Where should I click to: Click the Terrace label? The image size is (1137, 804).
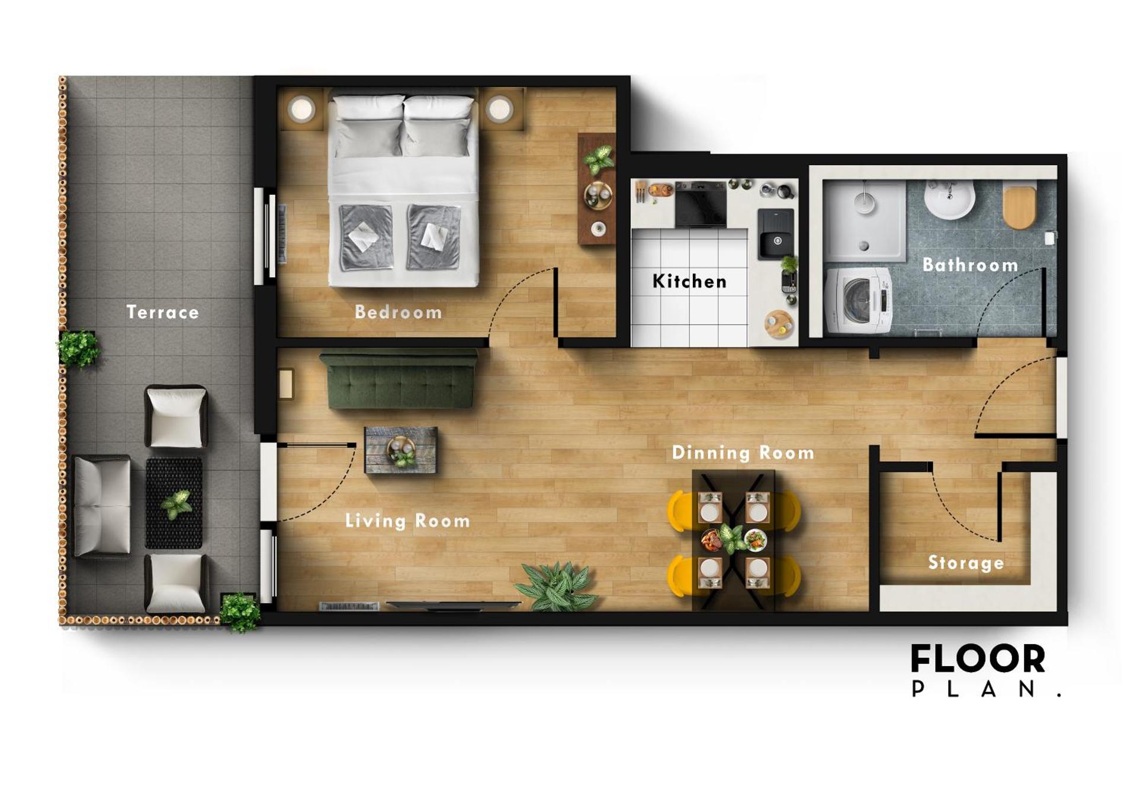click(x=162, y=312)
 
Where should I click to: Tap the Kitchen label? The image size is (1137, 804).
click(x=689, y=281)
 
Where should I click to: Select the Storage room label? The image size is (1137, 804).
click(x=965, y=562)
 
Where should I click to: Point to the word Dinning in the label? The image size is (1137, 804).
click(x=711, y=453)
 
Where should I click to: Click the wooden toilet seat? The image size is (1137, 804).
click(x=1019, y=207)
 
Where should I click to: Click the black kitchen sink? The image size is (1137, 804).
click(x=776, y=234)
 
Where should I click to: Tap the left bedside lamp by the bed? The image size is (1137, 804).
click(x=301, y=109)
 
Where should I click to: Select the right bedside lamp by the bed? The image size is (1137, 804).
click(x=500, y=109)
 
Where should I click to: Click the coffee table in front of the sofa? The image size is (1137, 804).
click(x=401, y=451)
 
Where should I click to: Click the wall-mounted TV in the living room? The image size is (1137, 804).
click(x=453, y=605)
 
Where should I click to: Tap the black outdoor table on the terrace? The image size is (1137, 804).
click(x=174, y=503)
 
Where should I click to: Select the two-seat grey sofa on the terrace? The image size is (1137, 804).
click(x=101, y=506)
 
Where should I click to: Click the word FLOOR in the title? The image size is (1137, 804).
click(x=978, y=659)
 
